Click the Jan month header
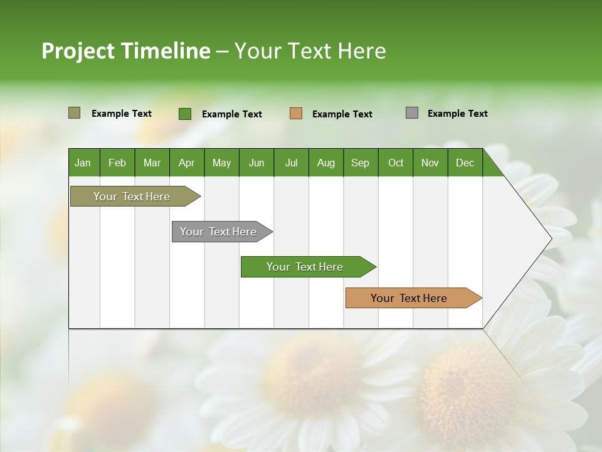[x=83, y=163]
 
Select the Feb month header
[x=117, y=163]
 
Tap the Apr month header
[x=186, y=163]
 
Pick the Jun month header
[x=256, y=163]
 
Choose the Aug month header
[x=325, y=163]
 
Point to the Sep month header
[x=360, y=163]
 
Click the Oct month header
[x=396, y=163]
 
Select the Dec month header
[x=465, y=163]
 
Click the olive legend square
[x=74, y=113]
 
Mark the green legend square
[x=185, y=114]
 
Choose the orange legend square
[x=296, y=114]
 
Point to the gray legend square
[x=412, y=113]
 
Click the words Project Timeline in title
[x=126, y=51]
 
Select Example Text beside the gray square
[x=457, y=114]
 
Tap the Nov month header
[x=430, y=163]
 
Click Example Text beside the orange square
[x=342, y=114]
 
